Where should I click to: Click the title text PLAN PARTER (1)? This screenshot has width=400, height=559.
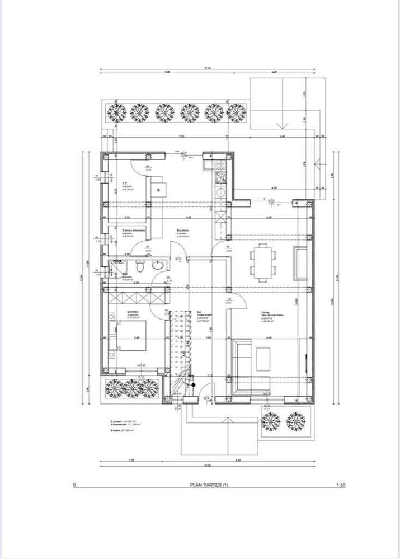[x=209, y=485]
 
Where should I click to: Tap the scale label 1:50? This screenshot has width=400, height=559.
[x=341, y=485]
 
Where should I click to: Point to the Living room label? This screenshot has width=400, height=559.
[x=265, y=313]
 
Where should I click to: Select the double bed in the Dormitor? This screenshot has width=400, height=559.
[x=131, y=335]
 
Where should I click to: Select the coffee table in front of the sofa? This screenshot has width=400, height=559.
[x=263, y=359]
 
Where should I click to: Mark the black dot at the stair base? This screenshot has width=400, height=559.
[x=192, y=384]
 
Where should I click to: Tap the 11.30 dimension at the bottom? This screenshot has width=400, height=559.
[x=207, y=466]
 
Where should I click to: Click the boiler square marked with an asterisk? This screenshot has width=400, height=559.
[x=158, y=190]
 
